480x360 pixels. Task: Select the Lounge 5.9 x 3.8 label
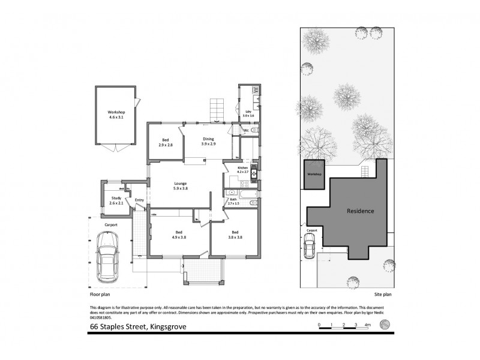pyautogui.click(x=180, y=186)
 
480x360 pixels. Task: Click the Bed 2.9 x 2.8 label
pyautogui.click(x=166, y=143)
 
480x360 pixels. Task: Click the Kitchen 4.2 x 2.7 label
pyautogui.click(x=243, y=170)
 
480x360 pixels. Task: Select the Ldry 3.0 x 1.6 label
pyautogui.click(x=249, y=113)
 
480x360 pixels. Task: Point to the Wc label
pyautogui.click(x=246, y=130)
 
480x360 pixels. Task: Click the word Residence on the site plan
pyautogui.click(x=360, y=211)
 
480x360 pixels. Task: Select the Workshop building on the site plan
pyautogui.click(x=315, y=174)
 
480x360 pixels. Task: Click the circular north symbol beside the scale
pyautogui.click(x=386, y=325)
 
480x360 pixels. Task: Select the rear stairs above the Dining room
pyautogui.click(x=215, y=111)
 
